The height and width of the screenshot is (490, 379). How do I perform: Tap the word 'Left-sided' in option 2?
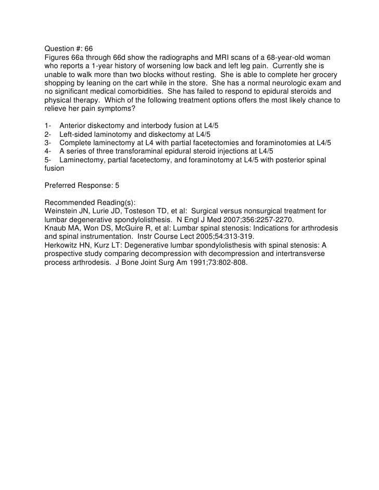(79, 135)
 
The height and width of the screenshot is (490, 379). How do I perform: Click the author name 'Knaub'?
(55, 228)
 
